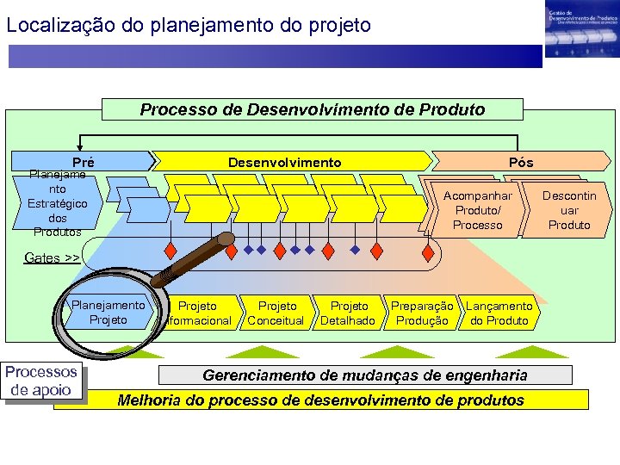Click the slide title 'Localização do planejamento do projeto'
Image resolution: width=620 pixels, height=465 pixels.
point(188,25)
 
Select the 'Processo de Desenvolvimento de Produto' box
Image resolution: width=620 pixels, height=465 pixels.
point(312,109)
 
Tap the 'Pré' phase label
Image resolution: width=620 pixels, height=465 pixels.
point(84,162)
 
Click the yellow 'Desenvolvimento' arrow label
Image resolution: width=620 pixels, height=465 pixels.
point(284,162)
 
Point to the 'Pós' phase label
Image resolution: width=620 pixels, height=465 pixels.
point(521,162)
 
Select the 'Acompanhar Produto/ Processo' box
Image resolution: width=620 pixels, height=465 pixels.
point(477,210)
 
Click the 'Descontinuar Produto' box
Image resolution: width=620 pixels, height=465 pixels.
point(569,210)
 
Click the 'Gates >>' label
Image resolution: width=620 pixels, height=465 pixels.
point(52,257)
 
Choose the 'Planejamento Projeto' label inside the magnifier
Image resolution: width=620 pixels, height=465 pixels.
point(108,313)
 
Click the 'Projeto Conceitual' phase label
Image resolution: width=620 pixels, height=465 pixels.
point(276,313)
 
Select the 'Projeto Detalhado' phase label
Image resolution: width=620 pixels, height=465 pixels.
point(348,313)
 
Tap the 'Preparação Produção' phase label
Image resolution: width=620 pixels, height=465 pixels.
point(421,313)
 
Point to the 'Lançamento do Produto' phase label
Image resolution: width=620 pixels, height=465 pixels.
point(499,313)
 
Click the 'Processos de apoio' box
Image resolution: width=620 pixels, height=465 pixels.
point(41,381)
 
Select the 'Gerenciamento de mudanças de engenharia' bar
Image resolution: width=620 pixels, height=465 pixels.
point(364,375)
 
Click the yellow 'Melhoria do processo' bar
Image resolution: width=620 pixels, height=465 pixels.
point(320,400)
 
